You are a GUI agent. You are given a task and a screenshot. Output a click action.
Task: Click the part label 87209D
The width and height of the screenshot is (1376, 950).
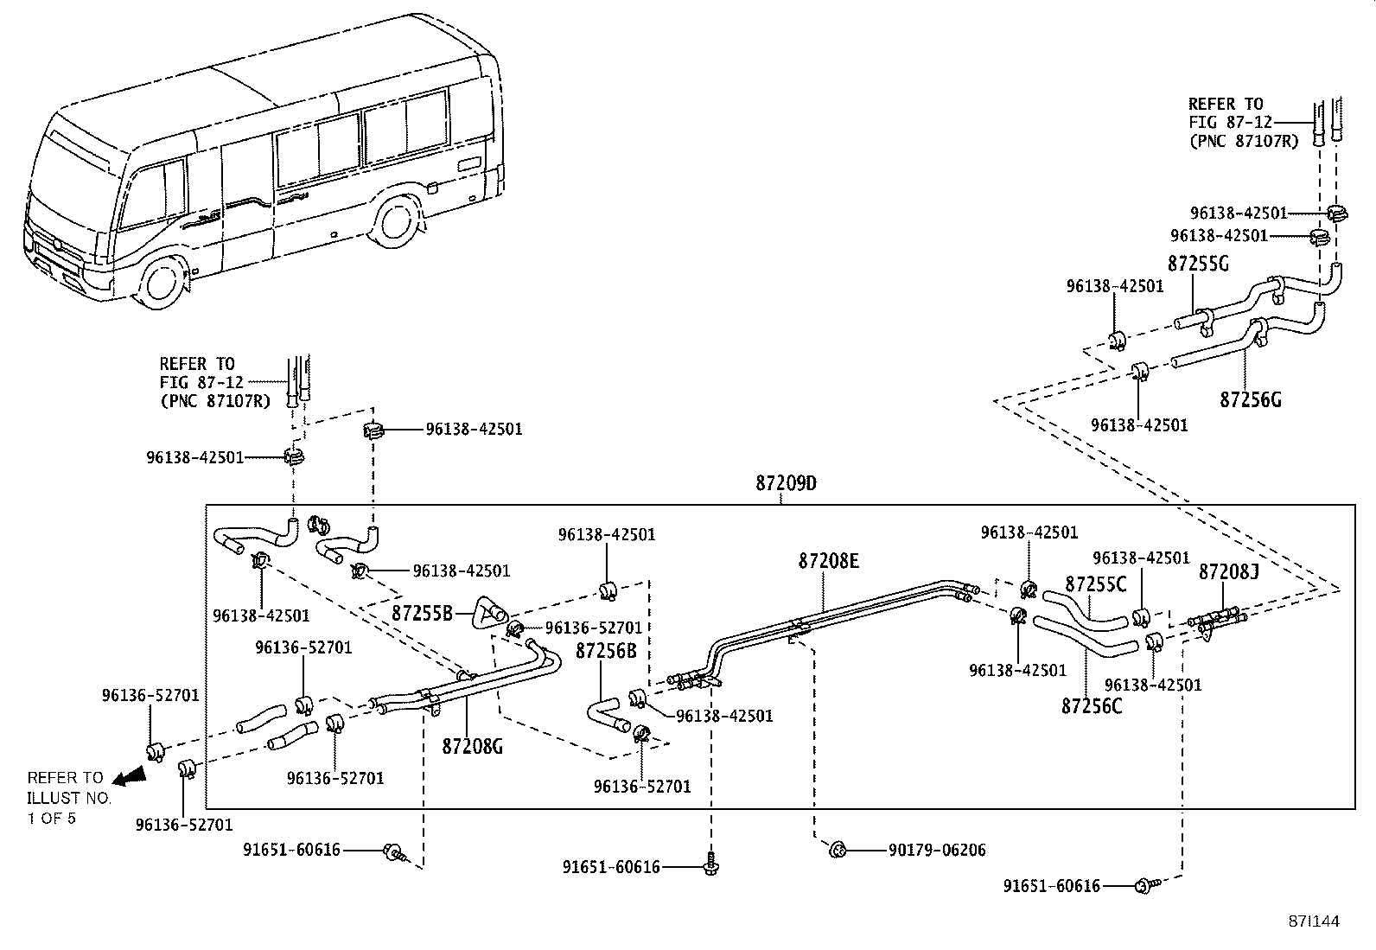[x=787, y=483]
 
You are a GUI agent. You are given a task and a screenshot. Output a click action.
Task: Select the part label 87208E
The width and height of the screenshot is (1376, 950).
[x=829, y=561]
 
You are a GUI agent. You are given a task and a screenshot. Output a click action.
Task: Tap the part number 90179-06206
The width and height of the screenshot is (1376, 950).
[x=937, y=851]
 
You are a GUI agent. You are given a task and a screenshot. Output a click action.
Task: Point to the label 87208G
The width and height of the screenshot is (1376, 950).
[x=473, y=747]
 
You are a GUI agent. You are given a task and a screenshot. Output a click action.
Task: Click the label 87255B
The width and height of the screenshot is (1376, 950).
[x=422, y=613]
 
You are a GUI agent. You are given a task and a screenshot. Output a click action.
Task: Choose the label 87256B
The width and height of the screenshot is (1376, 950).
[x=606, y=651]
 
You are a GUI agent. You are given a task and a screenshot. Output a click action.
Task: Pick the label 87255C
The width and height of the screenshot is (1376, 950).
[x=1096, y=584]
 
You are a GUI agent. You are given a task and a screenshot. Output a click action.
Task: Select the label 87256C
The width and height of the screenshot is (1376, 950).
[x=1092, y=706]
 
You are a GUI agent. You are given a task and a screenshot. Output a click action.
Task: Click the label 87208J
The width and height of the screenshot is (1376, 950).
[x=1228, y=572]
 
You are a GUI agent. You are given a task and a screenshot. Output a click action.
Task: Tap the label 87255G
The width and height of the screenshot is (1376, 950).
[x=1198, y=264]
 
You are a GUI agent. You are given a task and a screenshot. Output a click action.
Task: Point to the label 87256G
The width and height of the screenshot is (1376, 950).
[x=1251, y=400]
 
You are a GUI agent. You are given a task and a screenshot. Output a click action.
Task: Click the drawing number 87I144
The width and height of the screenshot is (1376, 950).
[x=1314, y=921]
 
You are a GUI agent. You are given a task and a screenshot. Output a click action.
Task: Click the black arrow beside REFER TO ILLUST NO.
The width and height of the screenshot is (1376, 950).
[x=130, y=777]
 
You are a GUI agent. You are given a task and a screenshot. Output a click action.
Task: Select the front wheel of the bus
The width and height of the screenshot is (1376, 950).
[x=162, y=284]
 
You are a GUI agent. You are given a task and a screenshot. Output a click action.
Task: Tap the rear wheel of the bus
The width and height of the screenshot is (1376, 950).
[x=395, y=222]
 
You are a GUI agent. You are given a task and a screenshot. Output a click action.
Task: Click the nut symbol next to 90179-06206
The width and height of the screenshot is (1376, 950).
[x=838, y=851]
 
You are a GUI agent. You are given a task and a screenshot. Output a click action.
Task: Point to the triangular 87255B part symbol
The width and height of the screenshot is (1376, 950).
[x=488, y=613]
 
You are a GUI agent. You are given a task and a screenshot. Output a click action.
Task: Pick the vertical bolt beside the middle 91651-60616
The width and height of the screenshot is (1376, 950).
[x=710, y=864]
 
